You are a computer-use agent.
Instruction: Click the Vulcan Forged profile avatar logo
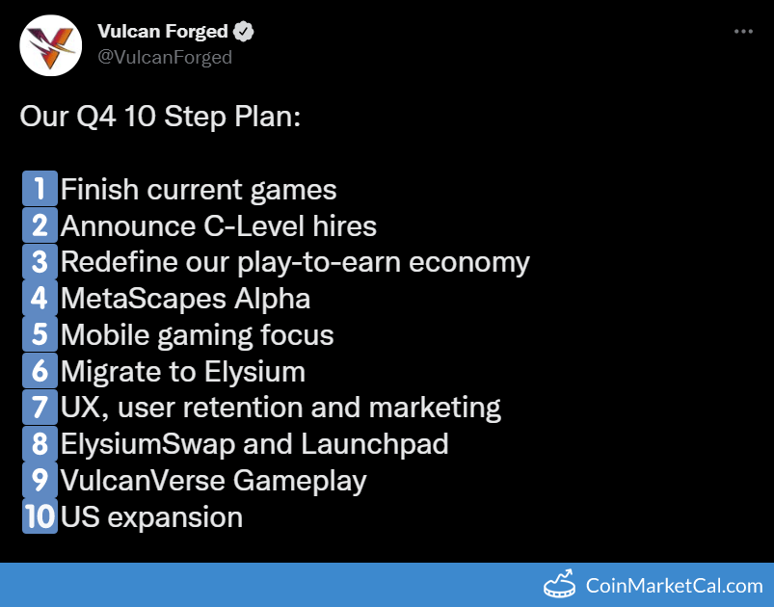[50, 45]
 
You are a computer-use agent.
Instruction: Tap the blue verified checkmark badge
[243, 32]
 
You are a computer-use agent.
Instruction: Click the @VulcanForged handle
[165, 57]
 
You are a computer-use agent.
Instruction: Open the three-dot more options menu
[743, 32]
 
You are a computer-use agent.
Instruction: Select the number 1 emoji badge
[40, 189]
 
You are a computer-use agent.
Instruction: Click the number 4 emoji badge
[40, 298]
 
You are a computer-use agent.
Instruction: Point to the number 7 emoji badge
[40, 408]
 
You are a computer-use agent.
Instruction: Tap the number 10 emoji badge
[40, 516]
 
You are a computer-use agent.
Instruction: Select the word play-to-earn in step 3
[319, 262]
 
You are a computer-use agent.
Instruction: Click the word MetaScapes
[144, 299]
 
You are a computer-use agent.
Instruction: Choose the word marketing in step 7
[435, 409]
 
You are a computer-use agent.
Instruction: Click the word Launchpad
[375, 444]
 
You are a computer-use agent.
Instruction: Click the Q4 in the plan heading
[96, 117]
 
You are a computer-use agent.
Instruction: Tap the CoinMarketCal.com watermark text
[675, 586]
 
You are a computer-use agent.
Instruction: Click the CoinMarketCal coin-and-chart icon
[559, 584]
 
